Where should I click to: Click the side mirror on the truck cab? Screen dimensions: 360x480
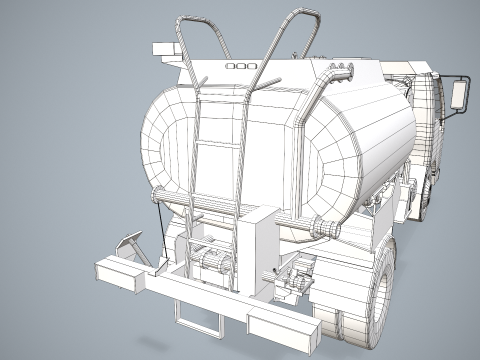459,94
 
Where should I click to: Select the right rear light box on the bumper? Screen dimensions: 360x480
278,326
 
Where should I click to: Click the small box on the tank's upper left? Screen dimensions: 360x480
162,49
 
